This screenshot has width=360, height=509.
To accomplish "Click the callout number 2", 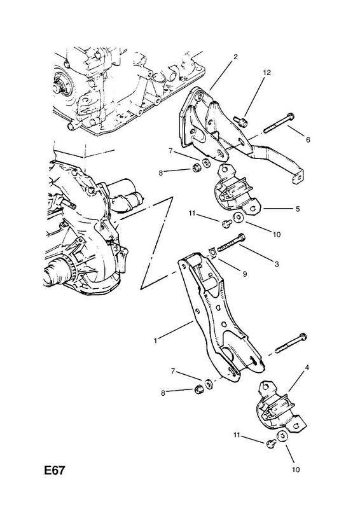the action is pos(235,57).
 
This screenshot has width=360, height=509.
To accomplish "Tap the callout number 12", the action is pos(267,73).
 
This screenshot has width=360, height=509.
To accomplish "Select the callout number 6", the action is pos(308,139).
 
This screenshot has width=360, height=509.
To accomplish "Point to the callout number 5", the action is pos(298,209).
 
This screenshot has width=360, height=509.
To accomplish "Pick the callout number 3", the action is pos(277,264).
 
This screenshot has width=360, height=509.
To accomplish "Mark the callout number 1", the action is pos(156,340).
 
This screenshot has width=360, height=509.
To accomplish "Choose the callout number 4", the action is pos(307,368).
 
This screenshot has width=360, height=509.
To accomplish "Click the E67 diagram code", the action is pos(55,470).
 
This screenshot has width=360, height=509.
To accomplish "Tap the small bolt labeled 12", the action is pos(241,121).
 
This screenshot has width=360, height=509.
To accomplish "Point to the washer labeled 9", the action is pos(212,251).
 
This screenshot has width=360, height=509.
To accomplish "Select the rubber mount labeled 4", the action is pos(280,409).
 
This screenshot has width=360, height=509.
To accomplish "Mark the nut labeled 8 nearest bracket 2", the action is pos(196,169).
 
